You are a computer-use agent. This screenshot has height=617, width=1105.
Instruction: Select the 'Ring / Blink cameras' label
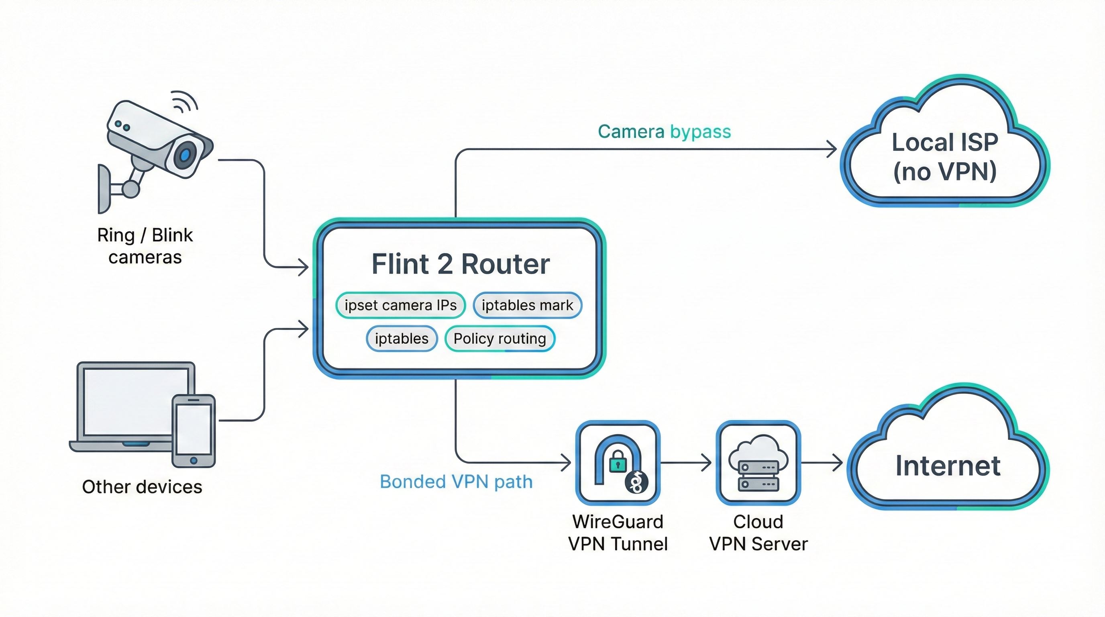145,246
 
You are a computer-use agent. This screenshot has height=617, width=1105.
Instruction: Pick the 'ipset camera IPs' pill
400,305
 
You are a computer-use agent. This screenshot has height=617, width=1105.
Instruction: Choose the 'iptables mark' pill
527,305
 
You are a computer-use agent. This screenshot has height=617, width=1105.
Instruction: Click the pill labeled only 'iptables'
402,339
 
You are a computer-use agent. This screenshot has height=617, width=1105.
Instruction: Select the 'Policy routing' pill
500,339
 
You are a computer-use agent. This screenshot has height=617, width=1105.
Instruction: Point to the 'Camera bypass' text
664,132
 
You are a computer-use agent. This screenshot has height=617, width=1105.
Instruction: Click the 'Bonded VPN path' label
456,482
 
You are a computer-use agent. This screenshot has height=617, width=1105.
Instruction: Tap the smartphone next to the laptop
194,430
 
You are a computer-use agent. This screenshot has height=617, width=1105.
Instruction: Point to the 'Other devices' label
142,487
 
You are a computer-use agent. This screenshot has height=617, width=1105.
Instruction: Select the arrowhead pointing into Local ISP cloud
832,149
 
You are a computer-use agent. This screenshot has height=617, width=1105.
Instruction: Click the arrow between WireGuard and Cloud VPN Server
686,463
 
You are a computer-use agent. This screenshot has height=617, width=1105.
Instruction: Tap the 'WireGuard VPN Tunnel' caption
618,533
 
